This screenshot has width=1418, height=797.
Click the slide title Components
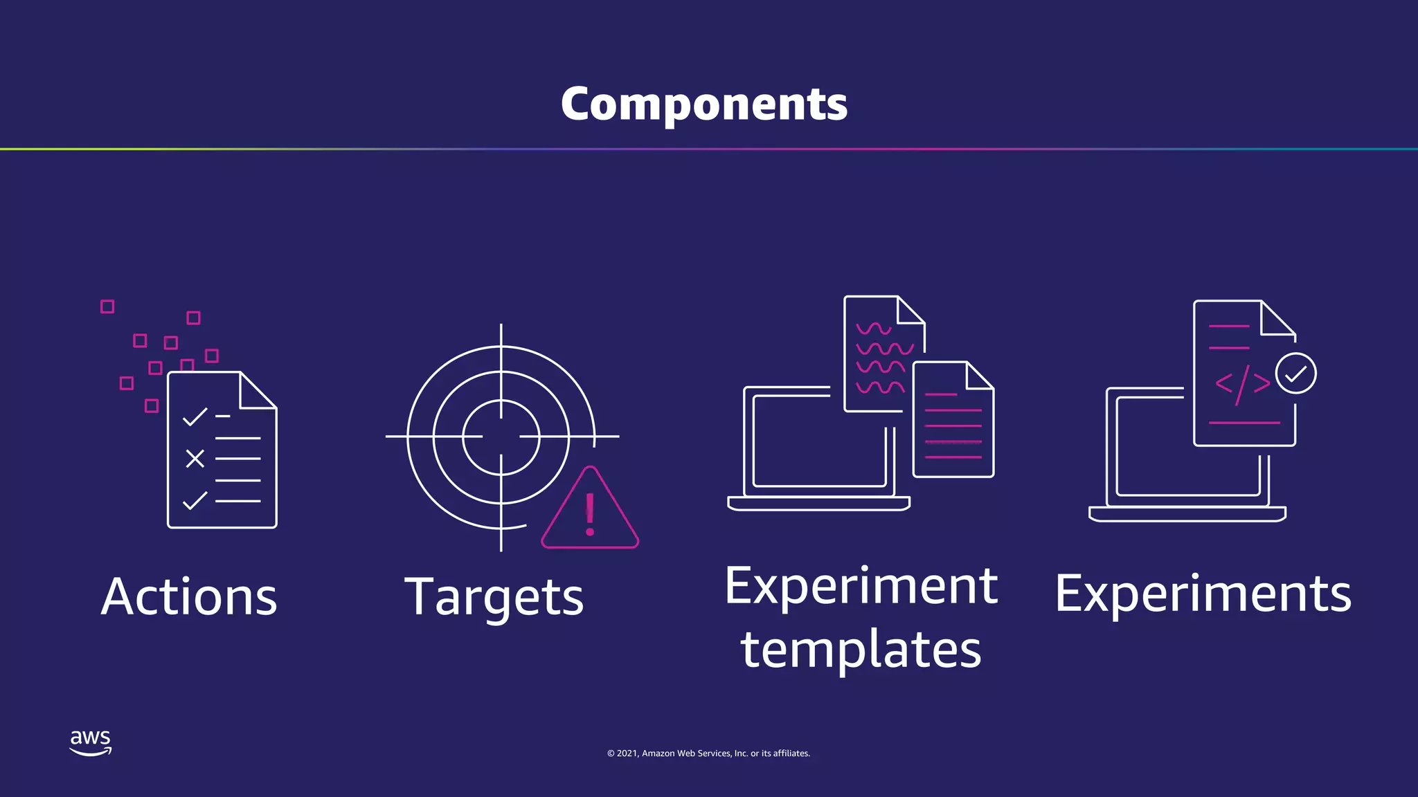pyautogui.click(x=704, y=104)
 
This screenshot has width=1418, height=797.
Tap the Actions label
pyautogui.click(x=189, y=596)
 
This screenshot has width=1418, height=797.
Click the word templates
pyautogui.click(x=861, y=650)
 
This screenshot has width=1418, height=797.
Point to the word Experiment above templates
pyautogui.click(x=861, y=586)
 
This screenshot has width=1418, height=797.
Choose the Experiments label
pyautogui.click(x=1203, y=594)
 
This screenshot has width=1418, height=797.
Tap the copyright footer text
pyautogui.click(x=708, y=753)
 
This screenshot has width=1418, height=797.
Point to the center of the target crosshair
pyautogui.click(x=501, y=437)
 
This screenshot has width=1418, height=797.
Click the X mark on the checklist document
pyautogui.click(x=195, y=458)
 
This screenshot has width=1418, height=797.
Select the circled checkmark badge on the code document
pyautogui.click(x=1295, y=374)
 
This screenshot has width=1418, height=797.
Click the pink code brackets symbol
pyautogui.click(x=1243, y=383)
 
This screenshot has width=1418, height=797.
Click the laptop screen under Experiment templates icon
pyautogui.click(x=817, y=443)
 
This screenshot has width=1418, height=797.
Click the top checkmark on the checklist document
pyautogui.click(x=195, y=416)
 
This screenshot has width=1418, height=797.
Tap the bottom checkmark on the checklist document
pyautogui.click(x=195, y=500)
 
